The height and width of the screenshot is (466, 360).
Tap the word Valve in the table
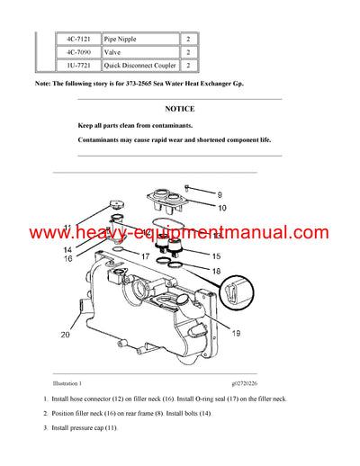(114, 53)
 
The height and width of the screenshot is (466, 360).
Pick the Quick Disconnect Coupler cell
(136, 66)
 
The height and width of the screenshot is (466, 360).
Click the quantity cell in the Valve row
(188, 53)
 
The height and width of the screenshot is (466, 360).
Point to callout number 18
(215, 271)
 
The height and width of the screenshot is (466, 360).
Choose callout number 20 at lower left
(65, 335)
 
